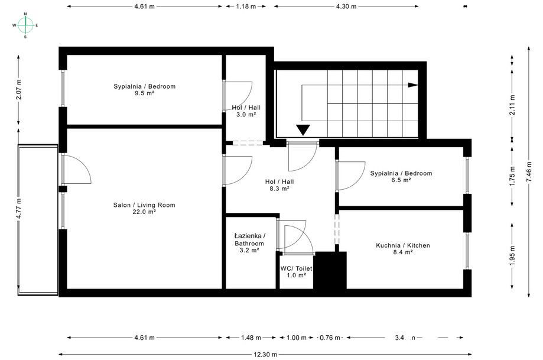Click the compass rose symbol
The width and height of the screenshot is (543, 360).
25,25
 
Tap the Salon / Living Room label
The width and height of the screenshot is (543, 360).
144,208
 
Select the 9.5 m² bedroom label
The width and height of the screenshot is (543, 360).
144,89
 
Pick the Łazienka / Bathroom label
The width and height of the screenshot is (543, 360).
249,243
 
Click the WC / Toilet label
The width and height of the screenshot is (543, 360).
296,271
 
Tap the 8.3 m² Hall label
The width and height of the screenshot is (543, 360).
279,185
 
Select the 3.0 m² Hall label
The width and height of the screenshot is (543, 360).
246,111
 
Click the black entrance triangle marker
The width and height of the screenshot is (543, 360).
304,131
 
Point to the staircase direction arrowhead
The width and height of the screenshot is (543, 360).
412,85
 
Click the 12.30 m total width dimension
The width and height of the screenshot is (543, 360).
262,354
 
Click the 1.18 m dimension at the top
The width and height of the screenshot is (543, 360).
246,7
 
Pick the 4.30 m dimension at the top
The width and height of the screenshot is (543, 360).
346,7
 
